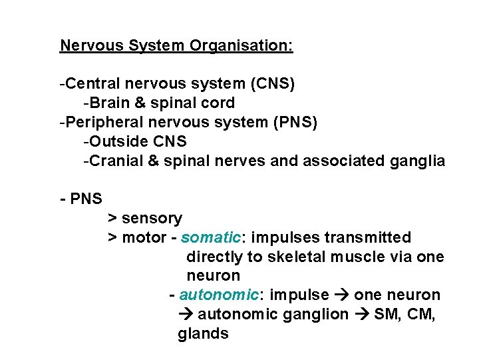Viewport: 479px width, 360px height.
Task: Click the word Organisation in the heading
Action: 241,46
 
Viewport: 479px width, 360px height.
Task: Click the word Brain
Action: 108,103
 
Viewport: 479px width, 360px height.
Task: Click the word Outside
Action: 113,142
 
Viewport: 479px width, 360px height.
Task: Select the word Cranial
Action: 113,161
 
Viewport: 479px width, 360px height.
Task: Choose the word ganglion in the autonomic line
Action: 316,315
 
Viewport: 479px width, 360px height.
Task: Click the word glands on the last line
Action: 203,334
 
